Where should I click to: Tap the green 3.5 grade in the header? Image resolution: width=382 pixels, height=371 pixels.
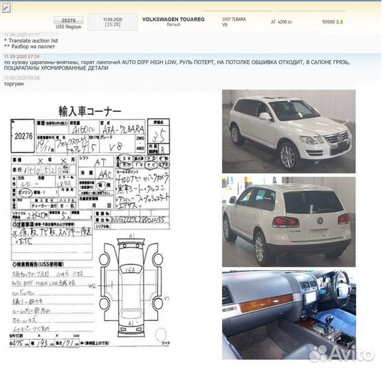pyautogui.click(x=339, y=22)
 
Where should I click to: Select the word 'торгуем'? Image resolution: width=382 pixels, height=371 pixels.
pyautogui.click(x=14, y=84)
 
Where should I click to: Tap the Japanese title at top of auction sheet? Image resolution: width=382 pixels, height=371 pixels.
pyautogui.click(x=89, y=111)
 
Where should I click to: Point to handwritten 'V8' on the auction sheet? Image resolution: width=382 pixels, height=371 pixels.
pyautogui.click(x=124, y=146)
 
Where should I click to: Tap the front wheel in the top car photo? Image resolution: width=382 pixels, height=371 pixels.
pyautogui.click(x=286, y=155)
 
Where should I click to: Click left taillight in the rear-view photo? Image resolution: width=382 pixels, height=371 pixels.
pyautogui.click(x=285, y=222)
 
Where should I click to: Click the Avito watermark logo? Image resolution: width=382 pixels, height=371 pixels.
pyautogui.click(x=339, y=353)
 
